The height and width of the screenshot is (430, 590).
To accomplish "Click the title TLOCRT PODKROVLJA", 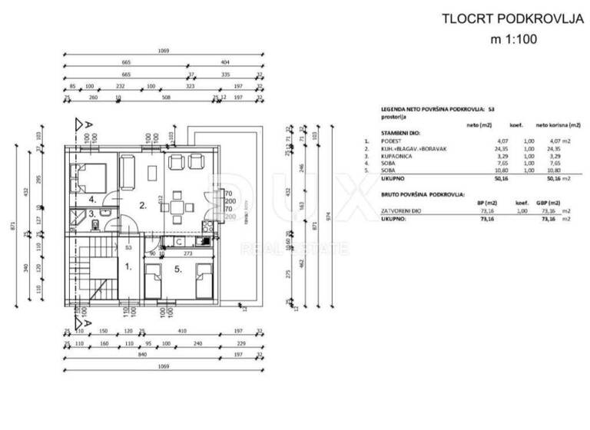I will pyautogui.click(x=500, y=18).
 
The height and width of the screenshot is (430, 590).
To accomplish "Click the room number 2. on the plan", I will pyautogui.click(x=142, y=206).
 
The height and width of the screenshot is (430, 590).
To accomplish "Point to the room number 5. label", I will pyautogui.click(x=177, y=270).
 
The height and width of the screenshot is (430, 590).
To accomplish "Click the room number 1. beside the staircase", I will pyautogui.click(x=128, y=268).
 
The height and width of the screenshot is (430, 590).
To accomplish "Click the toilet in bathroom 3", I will pyautogui.click(x=93, y=224).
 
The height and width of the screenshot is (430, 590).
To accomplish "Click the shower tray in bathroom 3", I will pyautogui.click(x=77, y=215).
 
